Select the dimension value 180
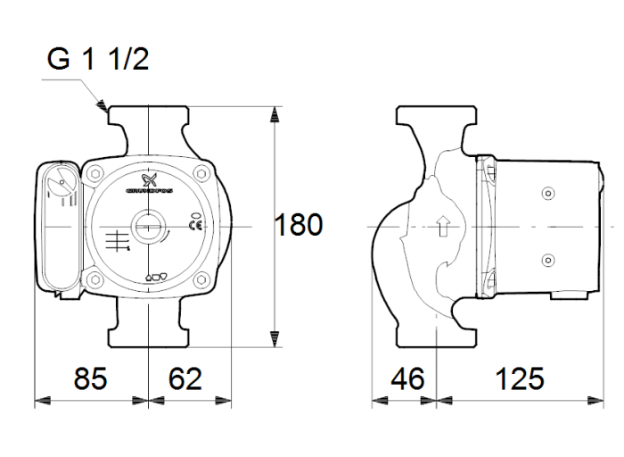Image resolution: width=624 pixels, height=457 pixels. pyautogui.click(x=298, y=225)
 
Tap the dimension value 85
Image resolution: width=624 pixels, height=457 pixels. pyautogui.click(x=89, y=378)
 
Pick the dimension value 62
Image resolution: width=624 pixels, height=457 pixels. pyautogui.click(x=185, y=378)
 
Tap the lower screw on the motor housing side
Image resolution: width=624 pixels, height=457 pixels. pyautogui.click(x=546, y=260)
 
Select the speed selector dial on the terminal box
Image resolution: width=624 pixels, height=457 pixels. pyautogui.click(x=60, y=187)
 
